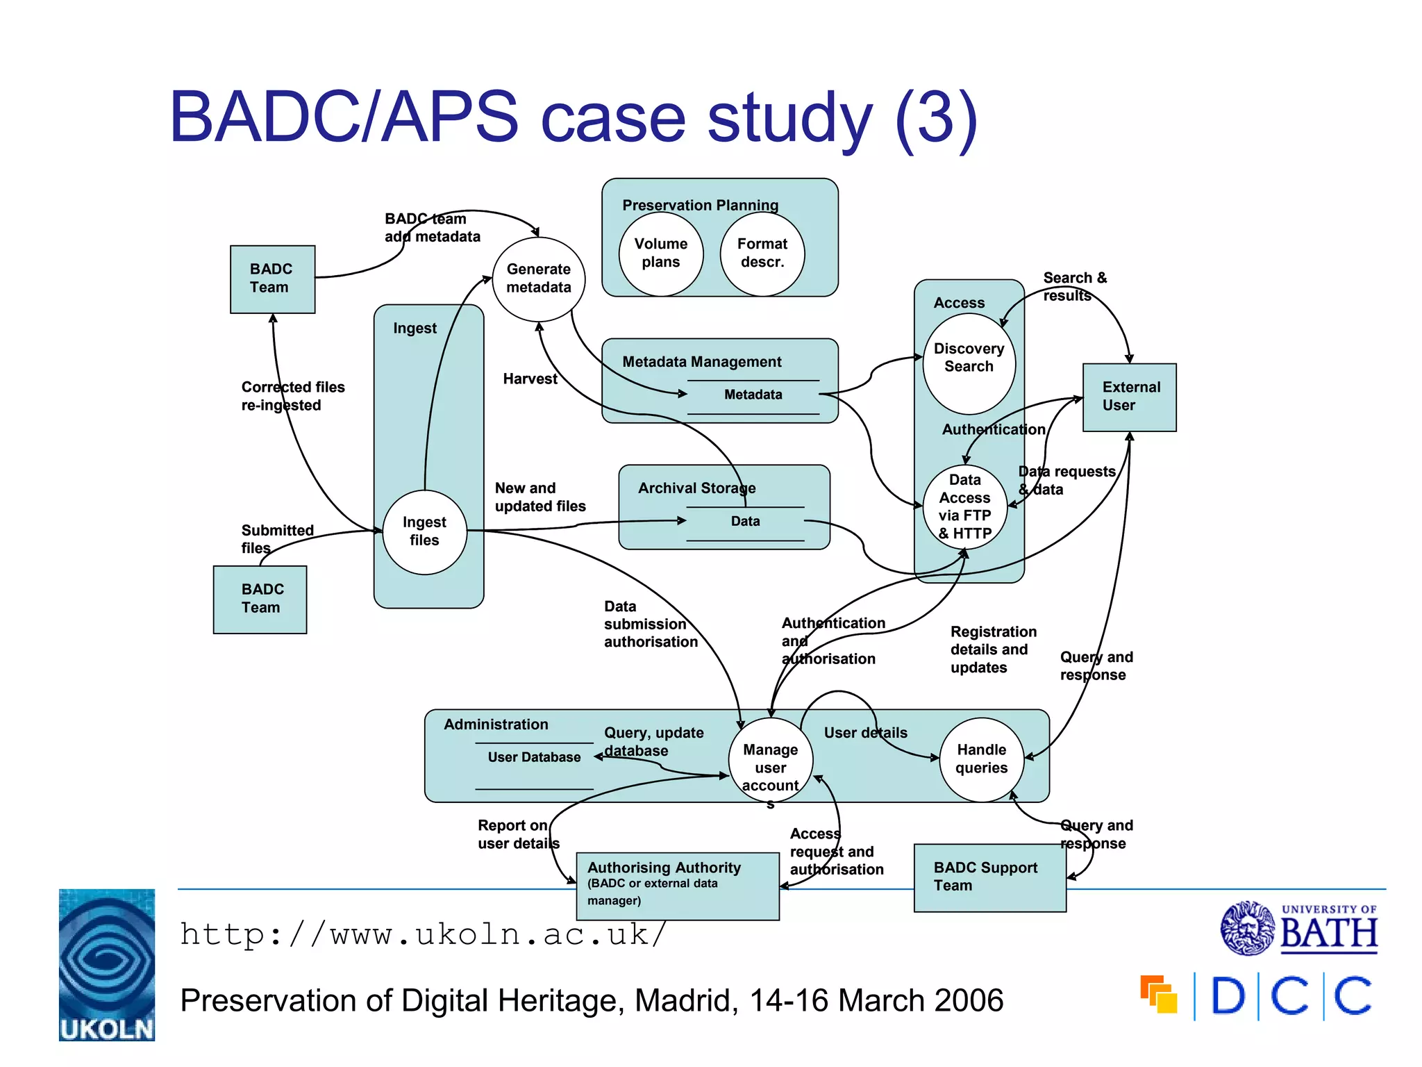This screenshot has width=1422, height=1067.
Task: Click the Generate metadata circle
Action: point(539,279)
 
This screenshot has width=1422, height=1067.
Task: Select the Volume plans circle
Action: point(661,254)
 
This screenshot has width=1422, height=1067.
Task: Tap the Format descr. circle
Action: point(762,254)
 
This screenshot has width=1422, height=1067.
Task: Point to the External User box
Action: point(1129,397)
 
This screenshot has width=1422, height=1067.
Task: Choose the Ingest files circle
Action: point(424,532)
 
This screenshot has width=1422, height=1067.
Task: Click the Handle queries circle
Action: point(981,759)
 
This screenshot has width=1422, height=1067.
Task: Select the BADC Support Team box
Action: point(989,877)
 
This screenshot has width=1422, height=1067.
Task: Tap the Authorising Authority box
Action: point(678,886)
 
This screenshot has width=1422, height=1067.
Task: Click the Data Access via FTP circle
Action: point(964,507)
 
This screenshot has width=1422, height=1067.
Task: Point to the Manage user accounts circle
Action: point(770,761)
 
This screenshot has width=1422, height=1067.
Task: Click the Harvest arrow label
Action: point(530,379)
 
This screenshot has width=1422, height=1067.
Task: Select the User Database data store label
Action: point(534,757)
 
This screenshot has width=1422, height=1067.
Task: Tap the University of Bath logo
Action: point(1299,928)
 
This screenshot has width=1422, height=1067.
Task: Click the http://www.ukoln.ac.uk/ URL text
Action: point(422,934)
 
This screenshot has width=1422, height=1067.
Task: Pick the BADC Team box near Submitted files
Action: point(260,599)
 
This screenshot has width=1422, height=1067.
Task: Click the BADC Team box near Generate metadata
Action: point(272,279)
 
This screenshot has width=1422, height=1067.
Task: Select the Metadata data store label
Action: point(753,395)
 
